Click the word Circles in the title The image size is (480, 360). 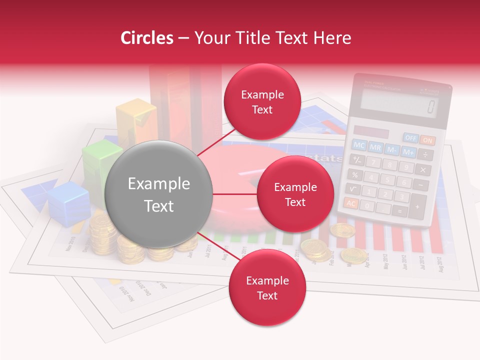coord(146,38)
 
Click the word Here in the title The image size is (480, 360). coord(332,38)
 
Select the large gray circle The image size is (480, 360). coord(159,195)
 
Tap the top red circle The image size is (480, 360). coord(262,102)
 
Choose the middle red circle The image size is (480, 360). coord(295,194)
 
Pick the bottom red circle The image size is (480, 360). coord(267,287)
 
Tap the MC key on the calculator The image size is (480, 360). coord(359,145)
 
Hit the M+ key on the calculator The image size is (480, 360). coord(408,151)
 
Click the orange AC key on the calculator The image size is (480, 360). coord(351,203)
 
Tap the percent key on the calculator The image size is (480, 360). coord(354,174)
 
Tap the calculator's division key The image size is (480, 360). coord(425,154)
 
